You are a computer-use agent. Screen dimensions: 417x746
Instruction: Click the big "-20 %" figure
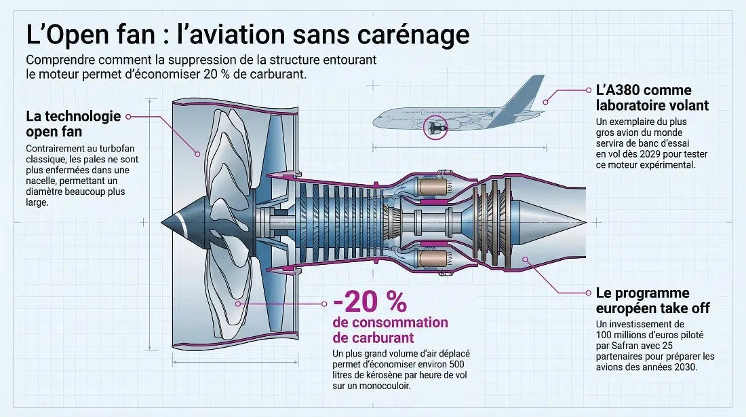[370, 302]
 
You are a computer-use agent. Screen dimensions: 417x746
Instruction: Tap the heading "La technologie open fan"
[73, 123]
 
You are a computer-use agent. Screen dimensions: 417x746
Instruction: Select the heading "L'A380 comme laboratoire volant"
[652, 98]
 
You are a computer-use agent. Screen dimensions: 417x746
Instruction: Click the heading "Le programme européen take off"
[652, 300]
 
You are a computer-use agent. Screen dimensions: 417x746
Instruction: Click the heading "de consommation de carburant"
[390, 330]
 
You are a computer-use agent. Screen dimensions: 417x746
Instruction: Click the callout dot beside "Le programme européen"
[588, 293]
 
